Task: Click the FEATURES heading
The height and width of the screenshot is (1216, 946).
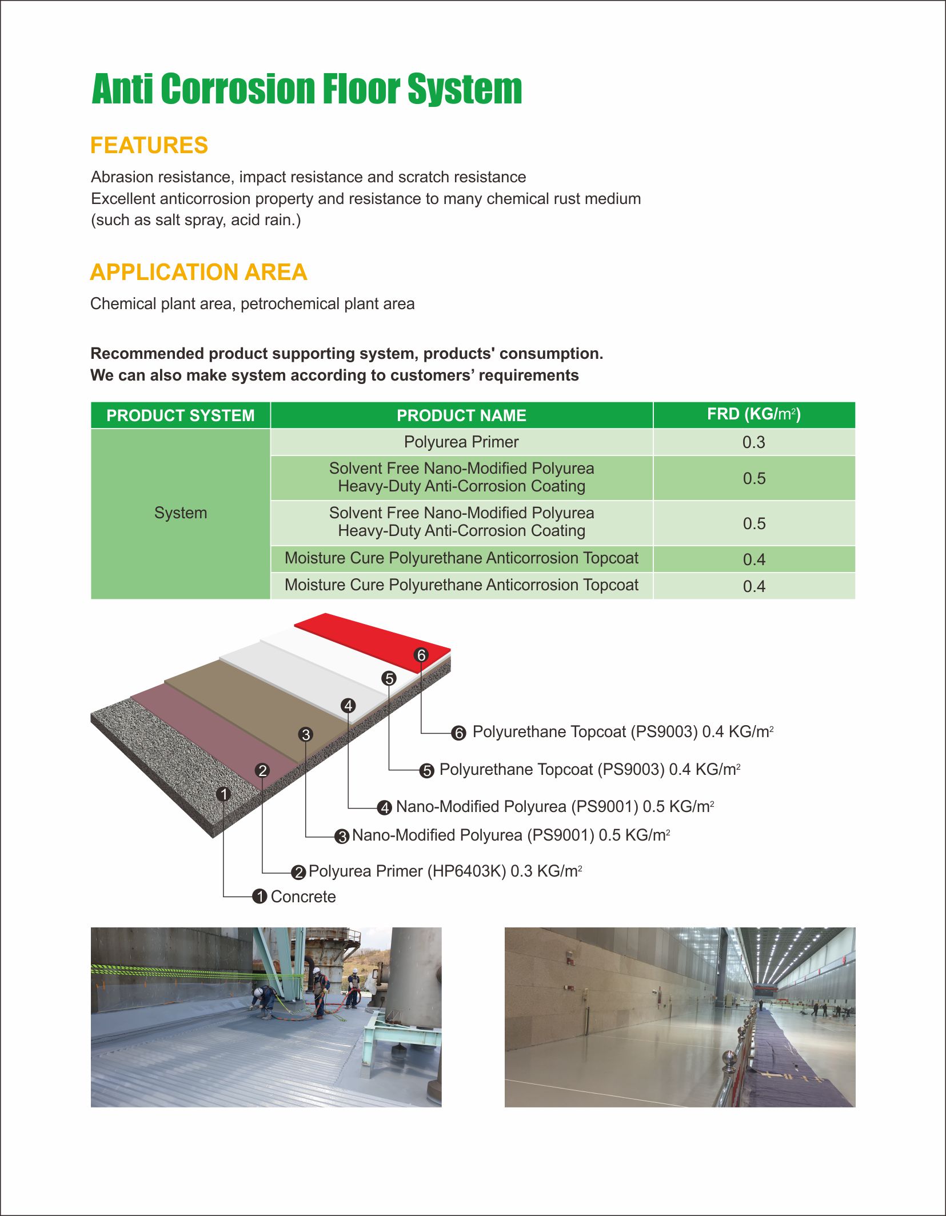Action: (x=149, y=146)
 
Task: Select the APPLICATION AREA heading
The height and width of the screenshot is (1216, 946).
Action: (x=198, y=273)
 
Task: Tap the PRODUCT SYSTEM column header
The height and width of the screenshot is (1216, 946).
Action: (x=180, y=415)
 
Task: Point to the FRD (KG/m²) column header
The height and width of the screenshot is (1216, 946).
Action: (x=753, y=414)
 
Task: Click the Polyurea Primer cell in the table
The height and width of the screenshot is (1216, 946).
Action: (x=461, y=442)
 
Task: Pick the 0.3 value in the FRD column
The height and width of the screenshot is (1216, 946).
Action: (x=753, y=442)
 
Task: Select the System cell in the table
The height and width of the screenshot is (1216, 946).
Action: (x=181, y=513)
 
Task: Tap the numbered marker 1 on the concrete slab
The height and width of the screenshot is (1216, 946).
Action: (x=224, y=794)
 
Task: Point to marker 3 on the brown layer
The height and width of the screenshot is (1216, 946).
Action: (x=306, y=734)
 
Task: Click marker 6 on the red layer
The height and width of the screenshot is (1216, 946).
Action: (x=421, y=655)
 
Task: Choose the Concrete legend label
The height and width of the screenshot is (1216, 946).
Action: (x=303, y=897)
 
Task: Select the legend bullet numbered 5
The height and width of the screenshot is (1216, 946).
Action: (x=427, y=771)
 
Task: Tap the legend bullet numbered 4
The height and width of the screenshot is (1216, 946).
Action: (x=385, y=807)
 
